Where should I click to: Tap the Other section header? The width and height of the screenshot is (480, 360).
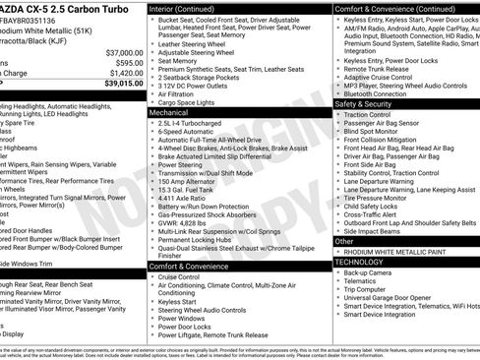[x=344, y=241]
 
